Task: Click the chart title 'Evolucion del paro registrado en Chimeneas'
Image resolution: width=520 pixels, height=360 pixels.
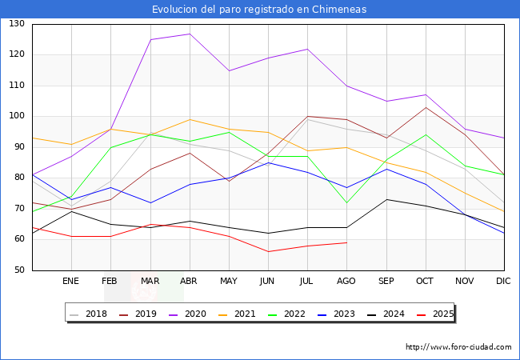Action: [x=260, y=9]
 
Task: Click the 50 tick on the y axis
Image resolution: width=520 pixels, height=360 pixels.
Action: [x=18, y=270]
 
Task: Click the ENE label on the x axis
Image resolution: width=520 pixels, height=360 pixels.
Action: [x=71, y=282]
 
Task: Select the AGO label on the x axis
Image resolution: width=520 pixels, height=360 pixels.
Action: [x=346, y=282]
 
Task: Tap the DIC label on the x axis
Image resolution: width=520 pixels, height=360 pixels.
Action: [x=503, y=282]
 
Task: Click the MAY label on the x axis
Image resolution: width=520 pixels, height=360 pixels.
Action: [x=229, y=282]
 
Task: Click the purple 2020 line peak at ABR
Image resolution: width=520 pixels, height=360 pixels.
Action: [x=190, y=34]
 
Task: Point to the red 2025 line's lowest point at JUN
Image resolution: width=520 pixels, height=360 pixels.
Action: [x=268, y=252]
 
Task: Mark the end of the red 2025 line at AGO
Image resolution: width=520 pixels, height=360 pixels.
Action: [x=346, y=242]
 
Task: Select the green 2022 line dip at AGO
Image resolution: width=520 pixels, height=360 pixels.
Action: [x=346, y=202]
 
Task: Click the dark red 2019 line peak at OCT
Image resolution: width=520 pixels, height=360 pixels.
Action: [x=425, y=107]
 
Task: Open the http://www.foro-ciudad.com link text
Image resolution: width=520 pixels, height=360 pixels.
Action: [x=458, y=347]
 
